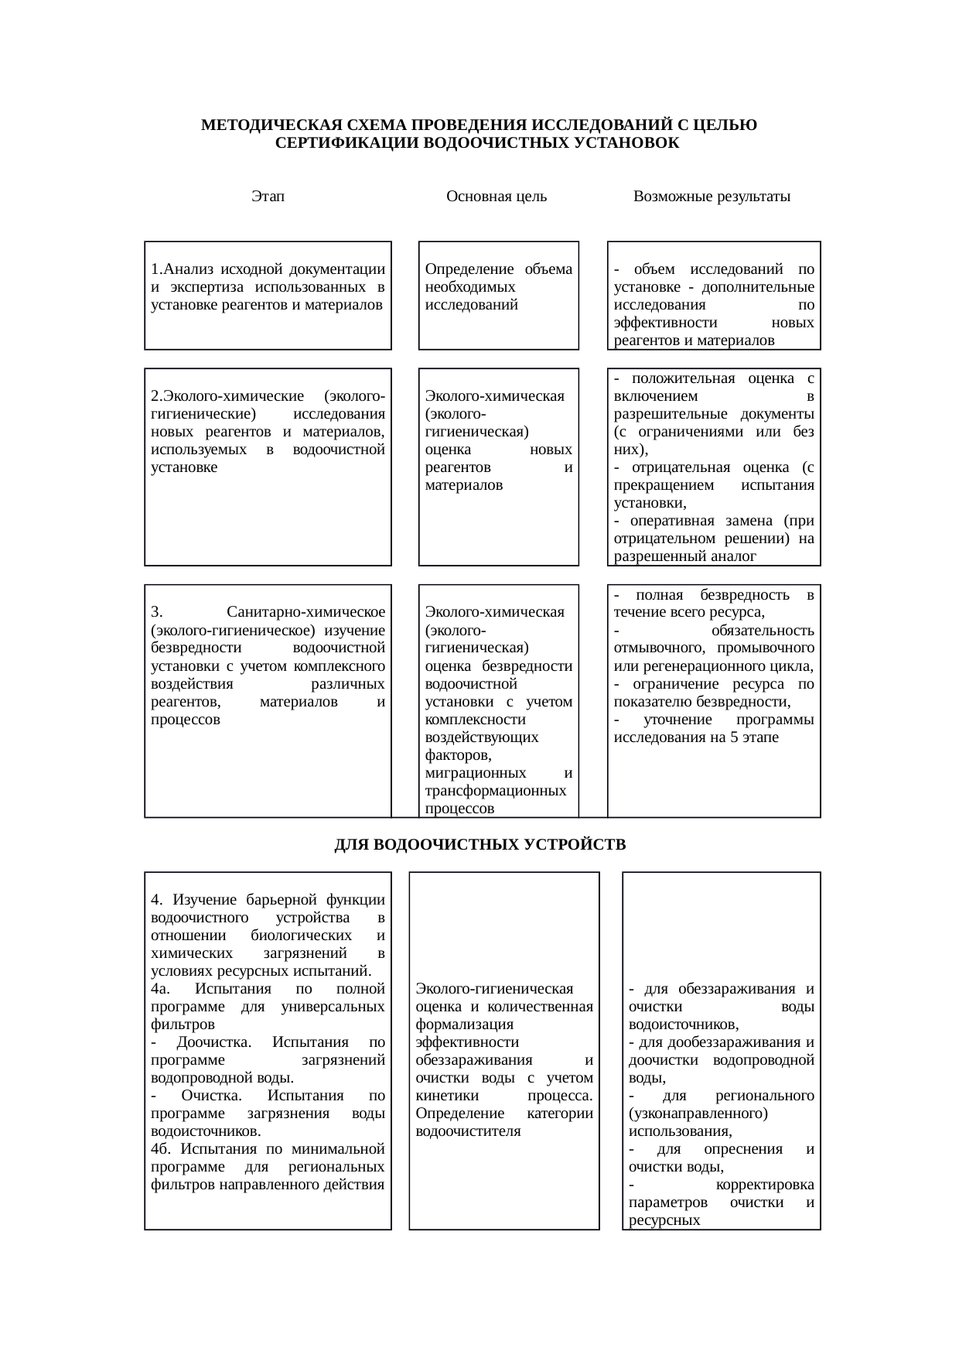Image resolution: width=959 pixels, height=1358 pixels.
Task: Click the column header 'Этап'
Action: [x=268, y=197]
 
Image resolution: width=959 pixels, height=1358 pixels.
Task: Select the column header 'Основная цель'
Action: [x=497, y=197]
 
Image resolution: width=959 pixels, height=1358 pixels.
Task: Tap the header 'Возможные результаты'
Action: [x=712, y=197]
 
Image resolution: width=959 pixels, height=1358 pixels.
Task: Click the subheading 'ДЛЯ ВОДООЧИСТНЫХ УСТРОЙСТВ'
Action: [x=479, y=844]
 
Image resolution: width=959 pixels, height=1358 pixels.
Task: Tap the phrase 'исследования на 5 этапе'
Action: [x=696, y=737]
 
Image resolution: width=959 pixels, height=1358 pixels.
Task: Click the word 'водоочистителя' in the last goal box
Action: [x=468, y=1131]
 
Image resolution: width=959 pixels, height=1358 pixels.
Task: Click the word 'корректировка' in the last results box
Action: [x=765, y=1185]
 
